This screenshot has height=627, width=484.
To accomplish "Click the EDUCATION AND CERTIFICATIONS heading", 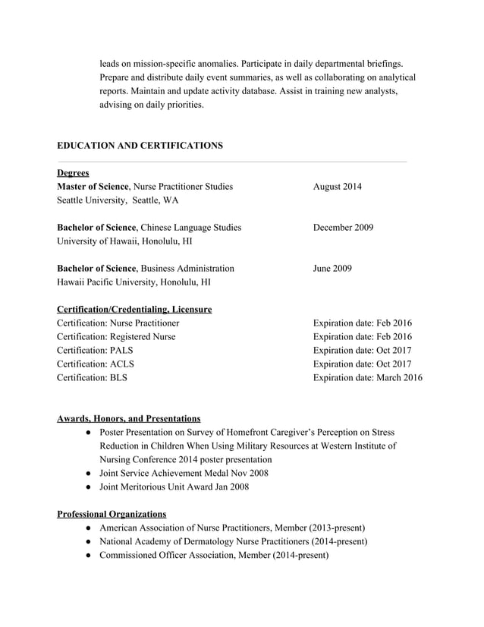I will [140, 145].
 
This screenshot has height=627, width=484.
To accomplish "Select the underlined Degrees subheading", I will [73, 173].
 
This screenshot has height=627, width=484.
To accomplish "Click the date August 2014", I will [338, 187].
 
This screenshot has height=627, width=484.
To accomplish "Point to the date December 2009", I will [343, 228].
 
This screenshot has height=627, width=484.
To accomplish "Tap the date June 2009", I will [332, 269].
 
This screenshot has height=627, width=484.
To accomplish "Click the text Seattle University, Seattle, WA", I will [118, 200].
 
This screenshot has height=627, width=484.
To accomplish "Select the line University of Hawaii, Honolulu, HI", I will [124, 241].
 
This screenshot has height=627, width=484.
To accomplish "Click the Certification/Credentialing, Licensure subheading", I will [134, 310].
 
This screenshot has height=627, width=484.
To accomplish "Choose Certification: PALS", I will [96, 351].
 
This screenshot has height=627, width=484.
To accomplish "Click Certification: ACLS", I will [96, 364].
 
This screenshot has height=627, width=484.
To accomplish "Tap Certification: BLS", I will [92, 378].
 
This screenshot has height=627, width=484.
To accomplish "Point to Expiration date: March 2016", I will [368, 378].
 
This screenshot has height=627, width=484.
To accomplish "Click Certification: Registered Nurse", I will [116, 337].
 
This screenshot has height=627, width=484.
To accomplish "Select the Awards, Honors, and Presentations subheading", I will [129, 418].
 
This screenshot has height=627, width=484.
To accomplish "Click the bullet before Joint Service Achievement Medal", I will [89, 474].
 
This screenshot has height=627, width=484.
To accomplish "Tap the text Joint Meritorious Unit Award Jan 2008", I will [174, 487].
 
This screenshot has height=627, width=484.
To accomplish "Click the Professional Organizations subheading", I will [112, 514].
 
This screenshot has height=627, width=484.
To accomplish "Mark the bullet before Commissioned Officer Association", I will [89, 556].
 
